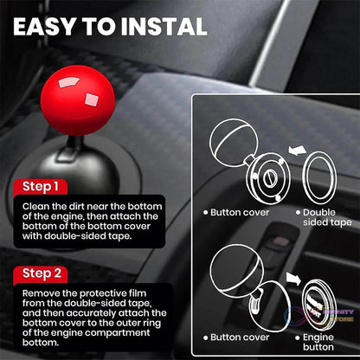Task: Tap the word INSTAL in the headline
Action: click(x=164, y=27)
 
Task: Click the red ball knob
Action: click(x=78, y=100)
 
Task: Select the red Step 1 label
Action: click(x=41, y=187)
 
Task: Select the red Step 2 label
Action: click(x=42, y=273)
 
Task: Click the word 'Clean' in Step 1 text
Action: click(x=34, y=206)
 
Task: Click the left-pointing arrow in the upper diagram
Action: click(x=298, y=151)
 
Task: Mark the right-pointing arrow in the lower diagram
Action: click(x=293, y=279)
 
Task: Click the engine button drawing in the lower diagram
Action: click(x=318, y=305)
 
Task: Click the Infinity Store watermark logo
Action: click(x=318, y=316)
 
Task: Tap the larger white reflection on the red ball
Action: click(x=68, y=82)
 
